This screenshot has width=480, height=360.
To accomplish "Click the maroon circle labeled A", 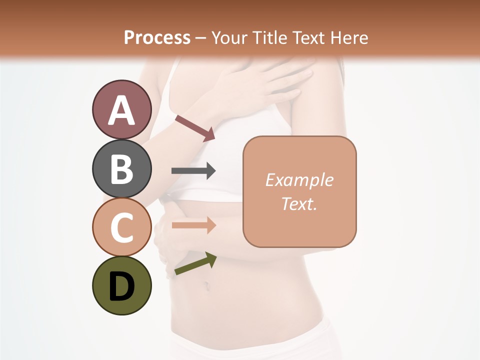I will (121, 109).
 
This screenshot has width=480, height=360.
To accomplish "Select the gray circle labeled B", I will (121, 168).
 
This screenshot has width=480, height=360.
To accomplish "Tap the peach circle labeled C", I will (121, 227).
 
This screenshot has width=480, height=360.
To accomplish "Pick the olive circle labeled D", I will (121, 285).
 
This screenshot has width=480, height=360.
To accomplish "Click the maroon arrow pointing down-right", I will (195, 127).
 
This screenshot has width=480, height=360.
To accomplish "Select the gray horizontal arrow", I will (193, 171).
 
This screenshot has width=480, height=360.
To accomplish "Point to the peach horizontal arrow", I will (193, 225).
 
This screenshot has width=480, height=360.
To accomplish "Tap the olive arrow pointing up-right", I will (195, 263).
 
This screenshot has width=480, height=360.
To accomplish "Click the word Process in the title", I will (157, 37).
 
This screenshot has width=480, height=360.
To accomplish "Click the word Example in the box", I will (299, 180).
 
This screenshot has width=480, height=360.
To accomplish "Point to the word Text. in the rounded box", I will (299, 203).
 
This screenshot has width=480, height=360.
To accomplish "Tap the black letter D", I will (121, 286).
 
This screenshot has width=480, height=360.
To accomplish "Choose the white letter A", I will (121, 110).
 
